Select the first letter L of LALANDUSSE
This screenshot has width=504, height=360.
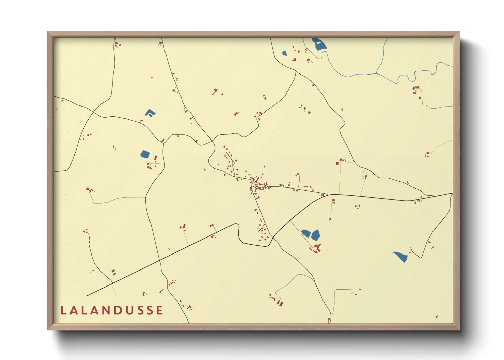(63, 310)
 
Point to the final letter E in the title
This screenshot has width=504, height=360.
(159, 310)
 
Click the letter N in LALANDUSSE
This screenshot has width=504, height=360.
(105, 310)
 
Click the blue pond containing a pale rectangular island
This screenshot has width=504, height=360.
(319, 44)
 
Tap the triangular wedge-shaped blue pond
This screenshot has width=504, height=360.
(400, 256)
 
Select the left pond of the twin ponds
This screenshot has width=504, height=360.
(306, 233)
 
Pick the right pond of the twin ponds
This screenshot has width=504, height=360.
(316, 234)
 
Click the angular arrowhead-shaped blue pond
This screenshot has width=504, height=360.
(149, 113)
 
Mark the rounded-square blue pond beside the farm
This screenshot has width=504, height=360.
(145, 154)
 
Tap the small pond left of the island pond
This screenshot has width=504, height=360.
(284, 53)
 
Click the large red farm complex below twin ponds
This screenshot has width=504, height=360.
(317, 248)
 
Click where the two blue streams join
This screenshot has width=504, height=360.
(377, 73)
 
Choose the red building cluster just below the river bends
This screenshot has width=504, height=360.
(416, 90)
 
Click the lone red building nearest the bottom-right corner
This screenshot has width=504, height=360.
(437, 317)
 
